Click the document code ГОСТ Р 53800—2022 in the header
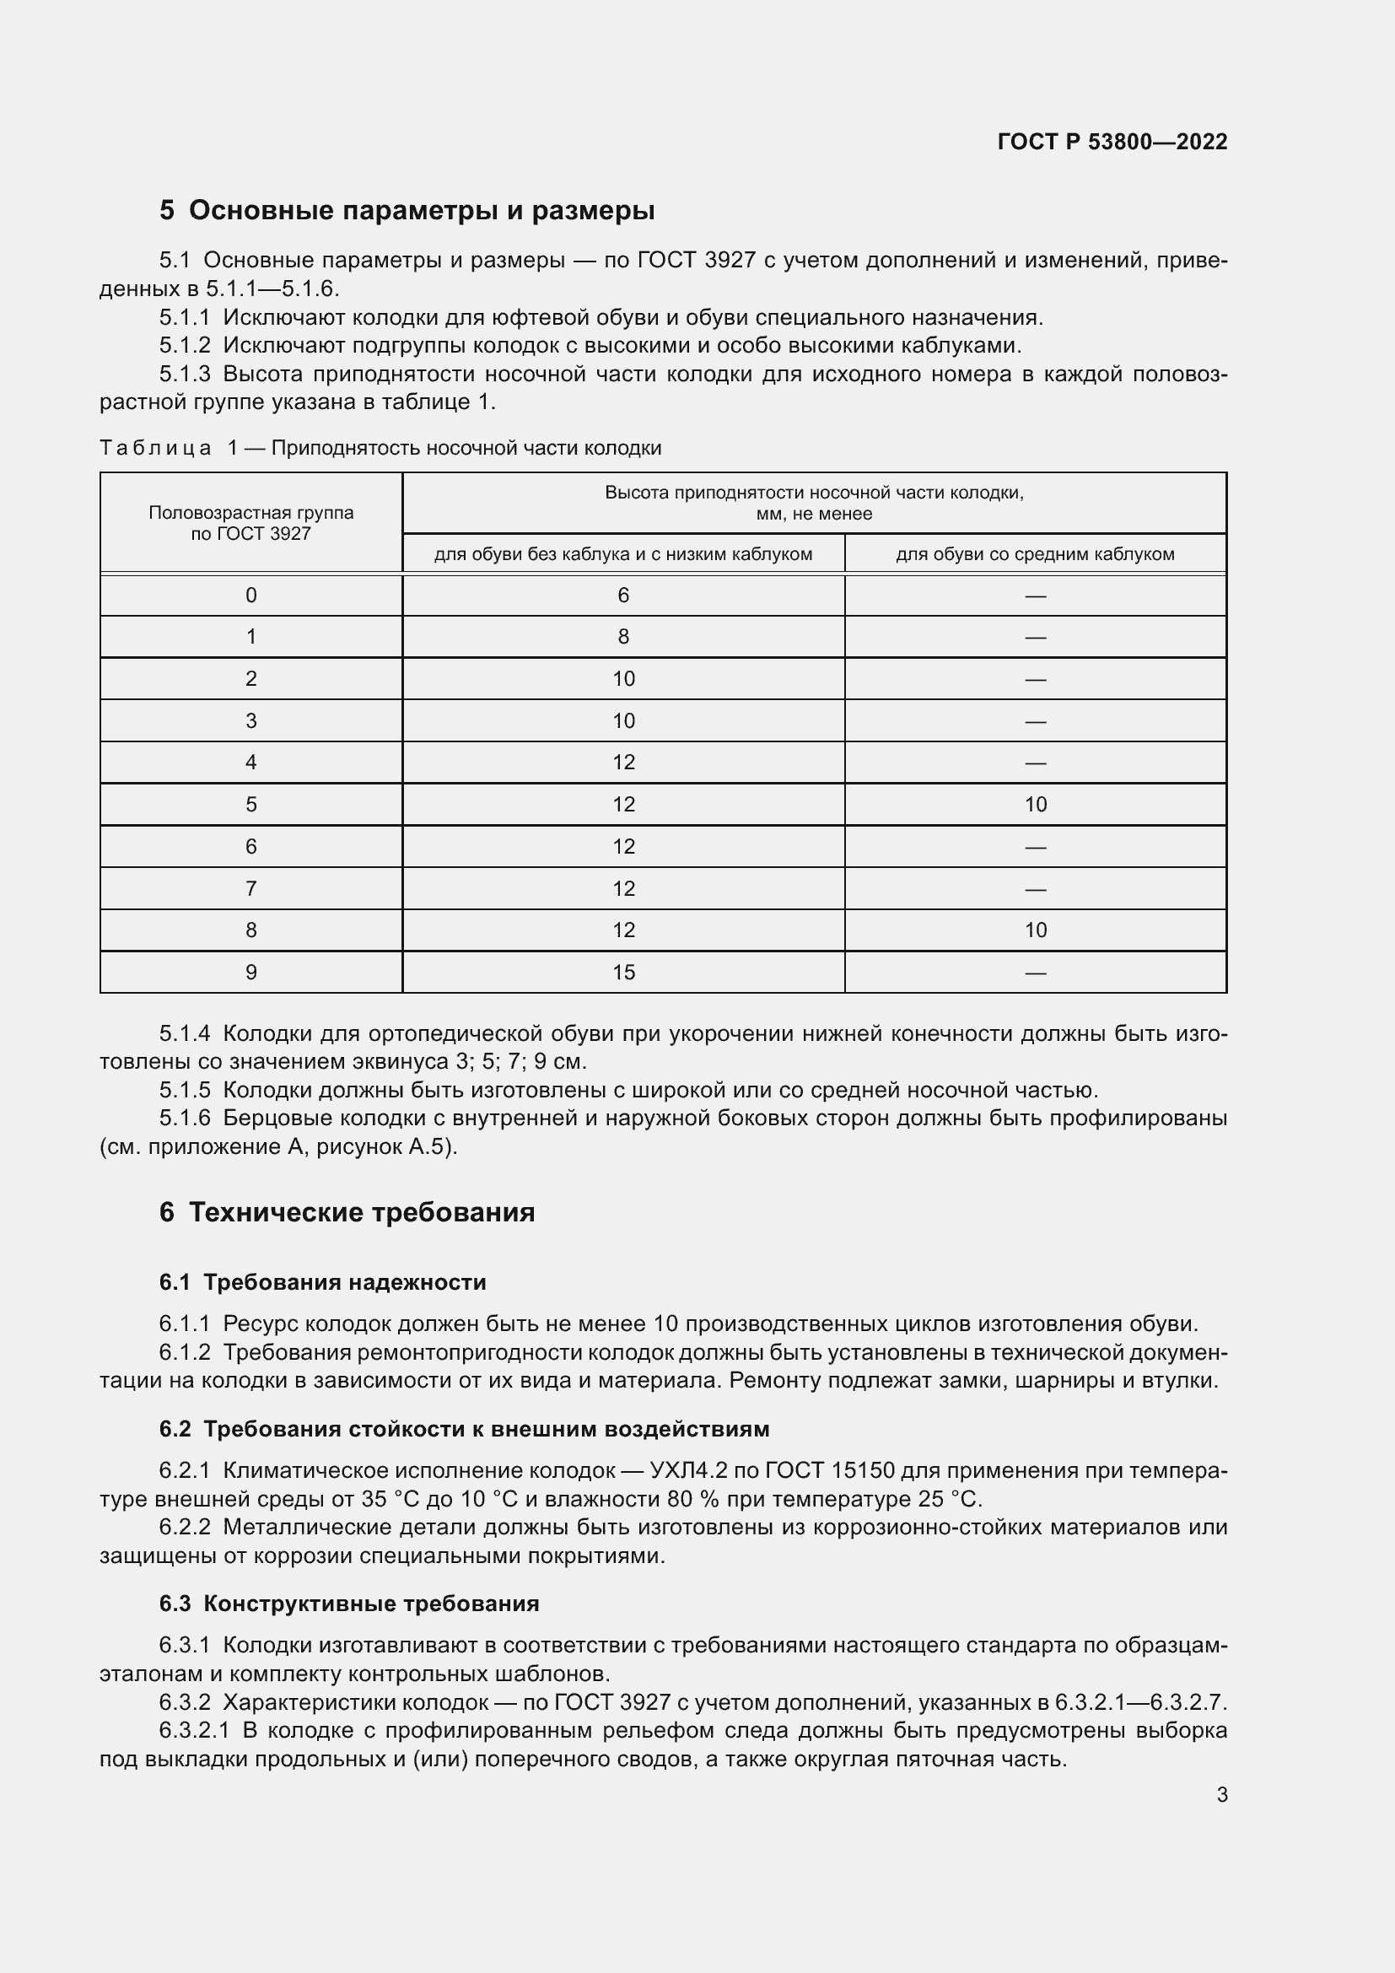coord(1112,142)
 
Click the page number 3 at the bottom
coord(1221,1794)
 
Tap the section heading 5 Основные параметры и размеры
coord(407,210)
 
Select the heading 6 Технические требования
coord(347,1211)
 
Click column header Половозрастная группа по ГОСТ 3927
coord(250,522)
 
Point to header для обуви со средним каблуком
coord(1034,554)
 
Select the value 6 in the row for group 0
coord(622,596)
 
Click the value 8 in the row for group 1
coord(622,637)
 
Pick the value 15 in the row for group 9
coord(622,972)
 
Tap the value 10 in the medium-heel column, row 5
coord(1035,805)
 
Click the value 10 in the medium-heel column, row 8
coord(1035,930)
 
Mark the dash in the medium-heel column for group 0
coord(1035,596)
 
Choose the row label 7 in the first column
coord(250,888)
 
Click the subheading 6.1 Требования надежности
coord(323,1282)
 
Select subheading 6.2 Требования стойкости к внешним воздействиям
coord(464,1429)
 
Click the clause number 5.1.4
coord(184,1034)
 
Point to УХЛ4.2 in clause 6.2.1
coord(689,1470)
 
